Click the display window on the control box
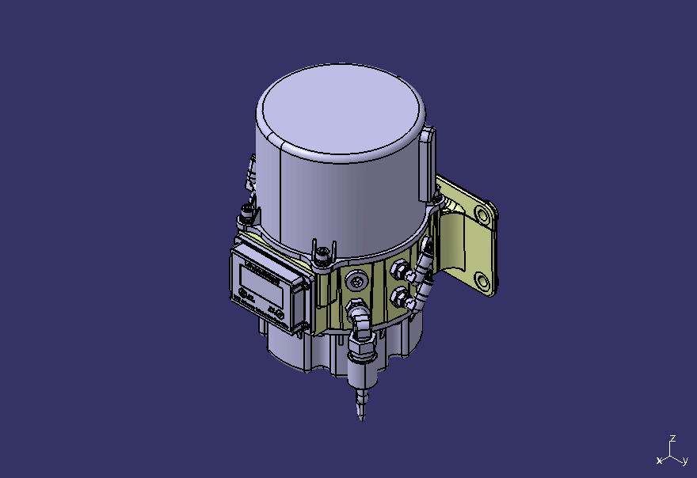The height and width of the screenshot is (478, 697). (262, 277)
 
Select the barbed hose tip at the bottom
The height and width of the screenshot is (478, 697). (362, 400)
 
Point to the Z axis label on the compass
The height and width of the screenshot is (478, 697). (672, 438)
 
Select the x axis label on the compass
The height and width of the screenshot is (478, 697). (659, 461)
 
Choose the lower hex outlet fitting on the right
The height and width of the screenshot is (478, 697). (400, 298)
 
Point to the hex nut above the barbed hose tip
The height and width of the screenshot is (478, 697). (360, 347)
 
